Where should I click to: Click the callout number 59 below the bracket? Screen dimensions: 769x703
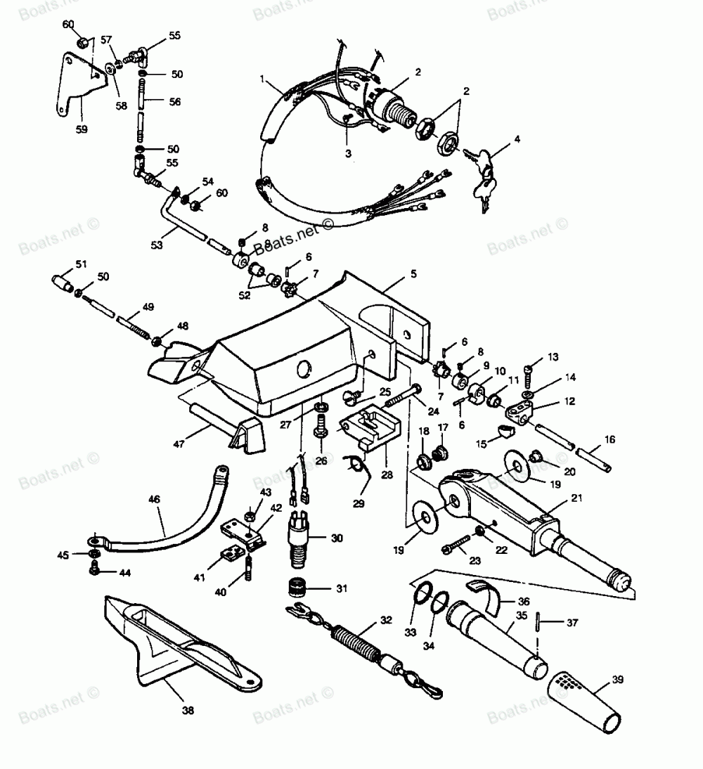tap(81, 129)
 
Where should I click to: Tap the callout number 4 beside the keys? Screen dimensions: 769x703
tap(517, 139)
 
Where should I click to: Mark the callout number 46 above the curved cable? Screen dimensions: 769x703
tap(154, 500)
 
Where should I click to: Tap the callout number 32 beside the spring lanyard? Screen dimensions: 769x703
tap(386, 621)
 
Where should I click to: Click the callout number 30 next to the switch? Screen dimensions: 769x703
tap(337, 539)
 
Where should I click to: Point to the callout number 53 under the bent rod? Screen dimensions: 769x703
tap(156, 244)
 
